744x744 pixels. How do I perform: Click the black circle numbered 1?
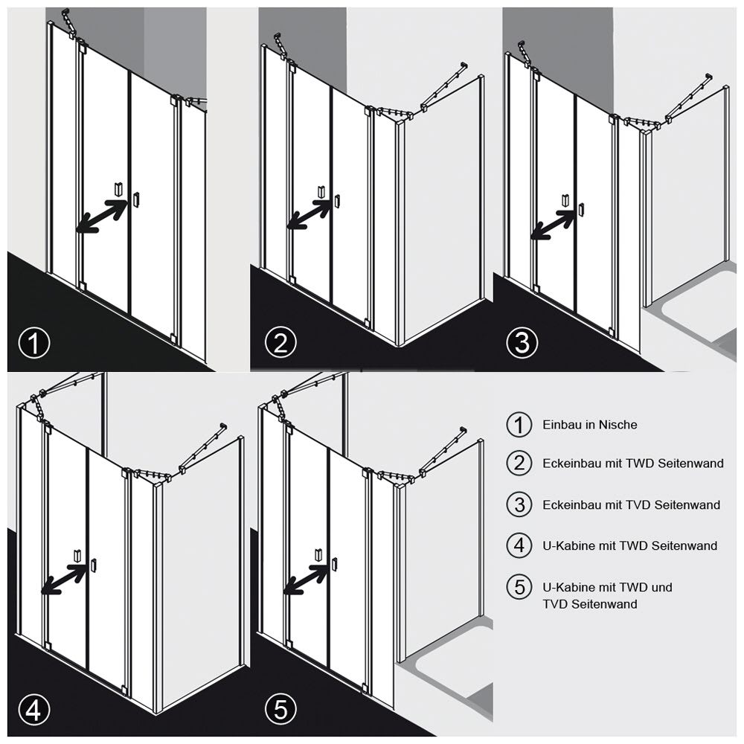[x=34, y=342]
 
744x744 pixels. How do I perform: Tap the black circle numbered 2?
[x=281, y=342]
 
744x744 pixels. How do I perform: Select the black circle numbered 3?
[x=522, y=342]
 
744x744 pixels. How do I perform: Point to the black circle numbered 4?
[x=34, y=709]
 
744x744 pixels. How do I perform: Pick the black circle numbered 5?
[x=281, y=709]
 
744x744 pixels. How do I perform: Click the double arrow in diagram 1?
[x=101, y=217]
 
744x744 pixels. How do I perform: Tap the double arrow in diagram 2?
[x=309, y=214]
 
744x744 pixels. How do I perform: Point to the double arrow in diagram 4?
[x=63, y=579]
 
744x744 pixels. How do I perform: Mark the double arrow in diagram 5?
[x=306, y=579]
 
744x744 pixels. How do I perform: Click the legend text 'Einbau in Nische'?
[x=590, y=425]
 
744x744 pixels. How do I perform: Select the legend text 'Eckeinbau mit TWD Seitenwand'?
[x=633, y=463]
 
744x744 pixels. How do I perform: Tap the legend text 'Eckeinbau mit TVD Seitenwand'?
[x=632, y=504]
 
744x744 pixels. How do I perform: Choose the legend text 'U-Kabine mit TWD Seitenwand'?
[x=629, y=545]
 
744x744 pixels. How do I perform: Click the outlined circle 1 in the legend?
[x=519, y=425]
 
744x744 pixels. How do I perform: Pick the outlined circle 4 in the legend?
[x=519, y=545]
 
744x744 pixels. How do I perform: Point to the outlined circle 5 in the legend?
[x=519, y=588]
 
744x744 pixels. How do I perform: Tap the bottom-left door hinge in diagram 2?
[x=292, y=280]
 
